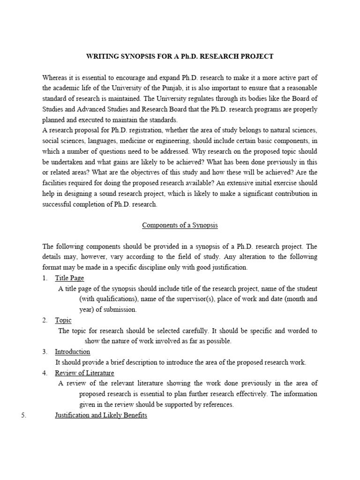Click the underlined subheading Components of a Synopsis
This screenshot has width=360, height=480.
[180, 225]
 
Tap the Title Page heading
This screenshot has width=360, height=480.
[69, 278]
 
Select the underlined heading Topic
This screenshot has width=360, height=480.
[63, 320]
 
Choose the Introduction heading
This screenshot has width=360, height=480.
[72, 352]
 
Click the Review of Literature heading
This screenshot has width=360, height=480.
[84, 373]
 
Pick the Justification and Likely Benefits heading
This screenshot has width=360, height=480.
[101, 415]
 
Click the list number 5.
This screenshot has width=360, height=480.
[23, 415]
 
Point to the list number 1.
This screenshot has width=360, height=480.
[45, 278]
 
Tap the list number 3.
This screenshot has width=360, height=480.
[45, 352]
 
